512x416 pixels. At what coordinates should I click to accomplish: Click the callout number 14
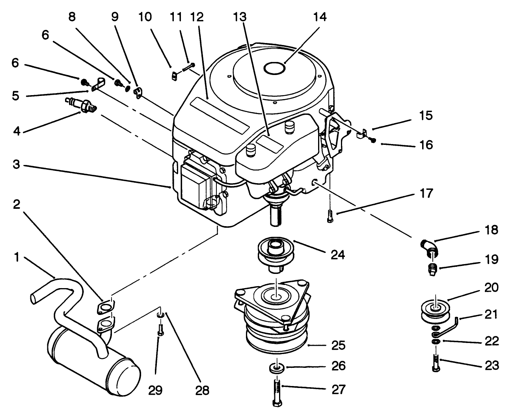click(x=320, y=17)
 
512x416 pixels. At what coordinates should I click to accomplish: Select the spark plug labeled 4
click(x=81, y=105)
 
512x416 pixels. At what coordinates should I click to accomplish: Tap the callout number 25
click(x=338, y=346)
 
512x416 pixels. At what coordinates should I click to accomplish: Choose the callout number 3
click(x=15, y=165)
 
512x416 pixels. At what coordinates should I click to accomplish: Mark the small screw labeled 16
click(x=373, y=140)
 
